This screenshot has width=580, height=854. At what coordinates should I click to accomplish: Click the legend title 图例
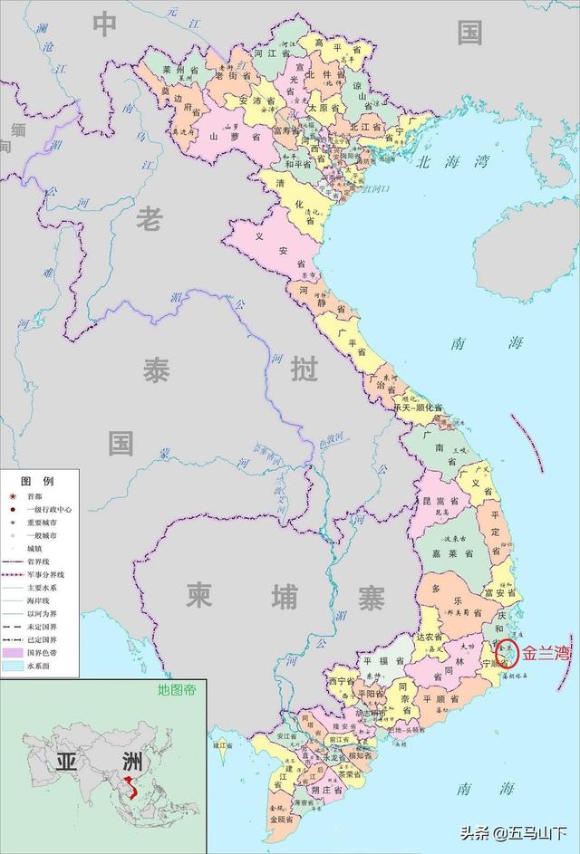point(38,480)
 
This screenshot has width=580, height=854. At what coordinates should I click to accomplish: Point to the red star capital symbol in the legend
point(12,496)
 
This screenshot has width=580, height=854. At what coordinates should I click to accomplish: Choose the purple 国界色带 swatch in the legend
point(13,651)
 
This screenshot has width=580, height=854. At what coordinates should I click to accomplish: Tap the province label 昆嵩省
point(433,501)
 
